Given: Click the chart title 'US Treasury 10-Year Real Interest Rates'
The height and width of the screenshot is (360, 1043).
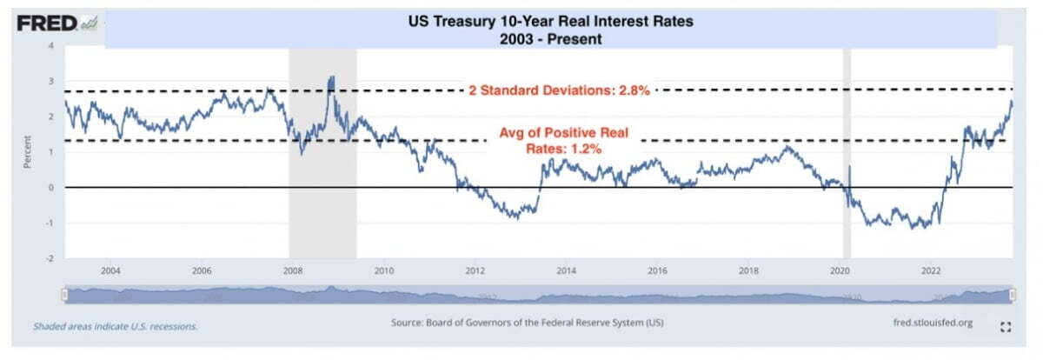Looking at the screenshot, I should point(550,23).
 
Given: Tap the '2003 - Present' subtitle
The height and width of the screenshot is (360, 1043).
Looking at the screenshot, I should point(550,39).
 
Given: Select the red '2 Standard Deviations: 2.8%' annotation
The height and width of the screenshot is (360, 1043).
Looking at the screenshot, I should point(559,90).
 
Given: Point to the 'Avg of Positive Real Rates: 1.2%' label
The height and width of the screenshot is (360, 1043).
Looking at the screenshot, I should point(563,141).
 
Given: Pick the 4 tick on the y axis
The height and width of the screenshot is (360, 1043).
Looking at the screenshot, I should point(50,45).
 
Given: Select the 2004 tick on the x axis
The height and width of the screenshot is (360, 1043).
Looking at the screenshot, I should point(110,270).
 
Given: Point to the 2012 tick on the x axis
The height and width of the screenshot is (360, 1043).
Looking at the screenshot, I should point(474,270).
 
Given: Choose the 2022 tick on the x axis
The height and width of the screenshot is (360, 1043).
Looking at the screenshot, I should point(930,270).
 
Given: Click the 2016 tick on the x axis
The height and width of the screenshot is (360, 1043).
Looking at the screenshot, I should point(656,270).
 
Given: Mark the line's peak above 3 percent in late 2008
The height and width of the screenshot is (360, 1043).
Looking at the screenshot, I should point(331,77).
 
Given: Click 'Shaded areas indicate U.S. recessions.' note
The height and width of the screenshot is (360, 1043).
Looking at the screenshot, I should point(116,326).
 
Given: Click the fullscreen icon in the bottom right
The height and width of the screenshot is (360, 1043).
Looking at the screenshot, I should point(1006,327).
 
